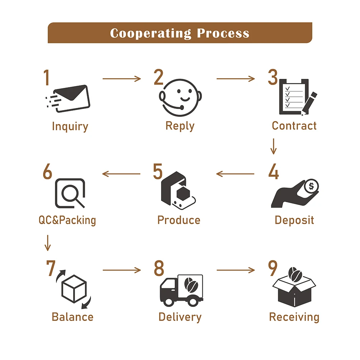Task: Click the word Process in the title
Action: (x=223, y=33)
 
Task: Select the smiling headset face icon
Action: (x=180, y=96)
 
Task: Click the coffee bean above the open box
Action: (x=294, y=274)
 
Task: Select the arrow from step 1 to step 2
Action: (x=122, y=79)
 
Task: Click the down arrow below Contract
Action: (x=274, y=146)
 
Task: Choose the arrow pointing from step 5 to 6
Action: (x=122, y=174)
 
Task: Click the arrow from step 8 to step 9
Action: (x=236, y=270)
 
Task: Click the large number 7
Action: (x=50, y=268)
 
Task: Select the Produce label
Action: (x=179, y=220)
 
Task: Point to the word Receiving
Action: (x=294, y=317)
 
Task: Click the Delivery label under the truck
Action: (x=180, y=317)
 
